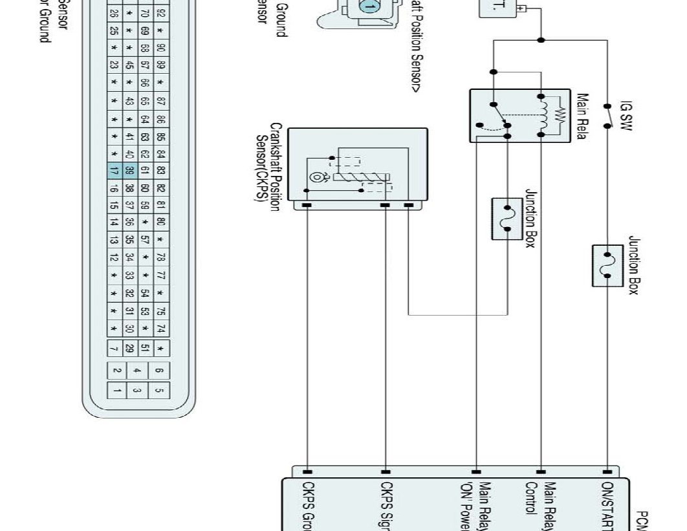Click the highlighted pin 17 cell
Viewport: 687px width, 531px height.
click(x=114, y=171)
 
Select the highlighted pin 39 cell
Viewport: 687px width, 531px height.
click(x=129, y=171)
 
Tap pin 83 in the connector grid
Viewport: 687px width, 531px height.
click(x=160, y=171)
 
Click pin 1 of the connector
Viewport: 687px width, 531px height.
click(x=117, y=391)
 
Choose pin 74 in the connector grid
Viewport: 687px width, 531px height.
click(x=160, y=328)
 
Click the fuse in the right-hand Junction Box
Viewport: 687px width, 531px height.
click(x=607, y=265)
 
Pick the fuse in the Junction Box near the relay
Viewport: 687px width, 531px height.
click(x=507, y=219)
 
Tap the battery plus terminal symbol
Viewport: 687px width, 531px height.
click(x=521, y=8)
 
